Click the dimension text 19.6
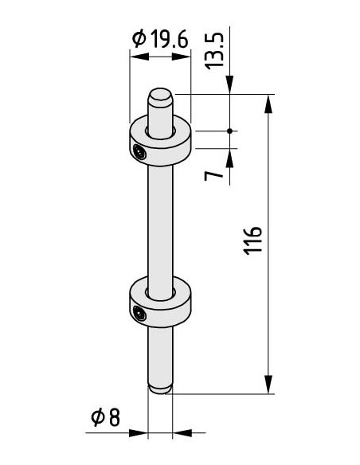pos(170,39)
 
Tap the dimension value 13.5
pos(214,51)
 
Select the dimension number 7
pos(213,176)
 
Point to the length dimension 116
pos(253,240)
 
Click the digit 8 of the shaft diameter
pos(114,417)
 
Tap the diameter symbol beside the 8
pos(98,417)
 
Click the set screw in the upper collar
pos(139,152)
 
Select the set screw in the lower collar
pos(139,314)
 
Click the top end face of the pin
pos(160,95)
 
